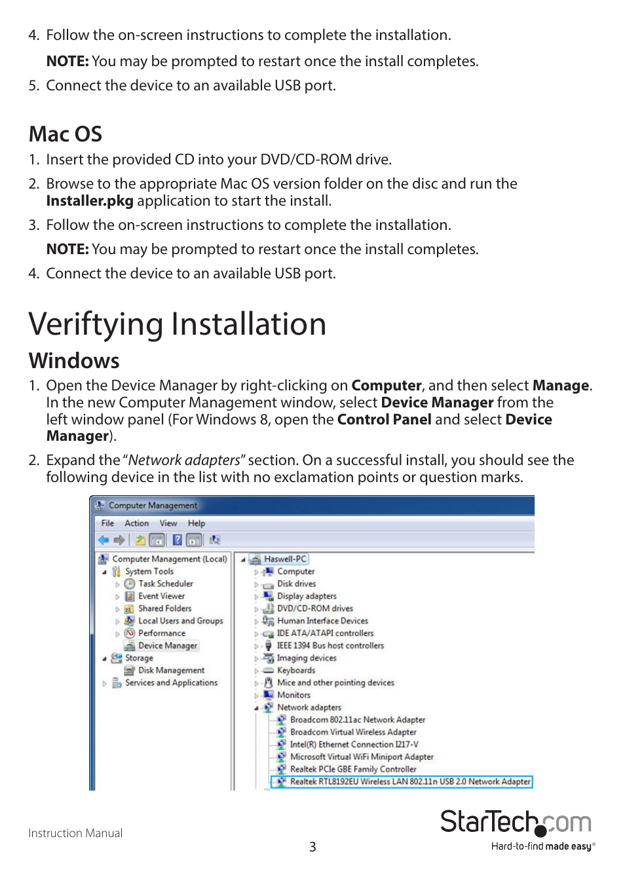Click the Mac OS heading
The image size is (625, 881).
pyautogui.click(x=66, y=134)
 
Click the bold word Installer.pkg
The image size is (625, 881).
pyautogui.click(x=90, y=201)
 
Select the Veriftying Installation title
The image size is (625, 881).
pyautogui.click(x=178, y=324)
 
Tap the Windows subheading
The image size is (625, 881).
pyautogui.click(x=74, y=361)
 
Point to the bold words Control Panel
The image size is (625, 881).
pyautogui.click(x=384, y=420)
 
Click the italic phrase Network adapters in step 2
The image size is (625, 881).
pyautogui.click(x=184, y=460)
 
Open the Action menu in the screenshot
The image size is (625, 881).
pyautogui.click(x=136, y=523)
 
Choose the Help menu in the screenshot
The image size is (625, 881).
pyautogui.click(x=196, y=523)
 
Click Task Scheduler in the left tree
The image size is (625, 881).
pyautogui.click(x=165, y=584)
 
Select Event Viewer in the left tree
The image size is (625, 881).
pyautogui.click(x=161, y=596)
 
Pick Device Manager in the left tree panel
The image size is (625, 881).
pyautogui.click(x=167, y=646)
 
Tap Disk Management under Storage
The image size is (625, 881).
pyautogui.click(x=171, y=671)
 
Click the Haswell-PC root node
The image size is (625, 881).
pyautogui.click(x=285, y=559)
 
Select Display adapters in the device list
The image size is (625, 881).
pyautogui.click(x=307, y=596)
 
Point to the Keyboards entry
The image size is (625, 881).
pyautogui.click(x=296, y=671)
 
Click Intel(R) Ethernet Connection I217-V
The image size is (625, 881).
pyautogui.click(x=354, y=745)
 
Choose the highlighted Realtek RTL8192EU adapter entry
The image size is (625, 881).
pyautogui.click(x=409, y=781)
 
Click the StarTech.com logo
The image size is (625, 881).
pyautogui.click(x=516, y=823)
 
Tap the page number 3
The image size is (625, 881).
pyautogui.click(x=312, y=847)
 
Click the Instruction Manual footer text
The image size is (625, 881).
pyautogui.click(x=75, y=833)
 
